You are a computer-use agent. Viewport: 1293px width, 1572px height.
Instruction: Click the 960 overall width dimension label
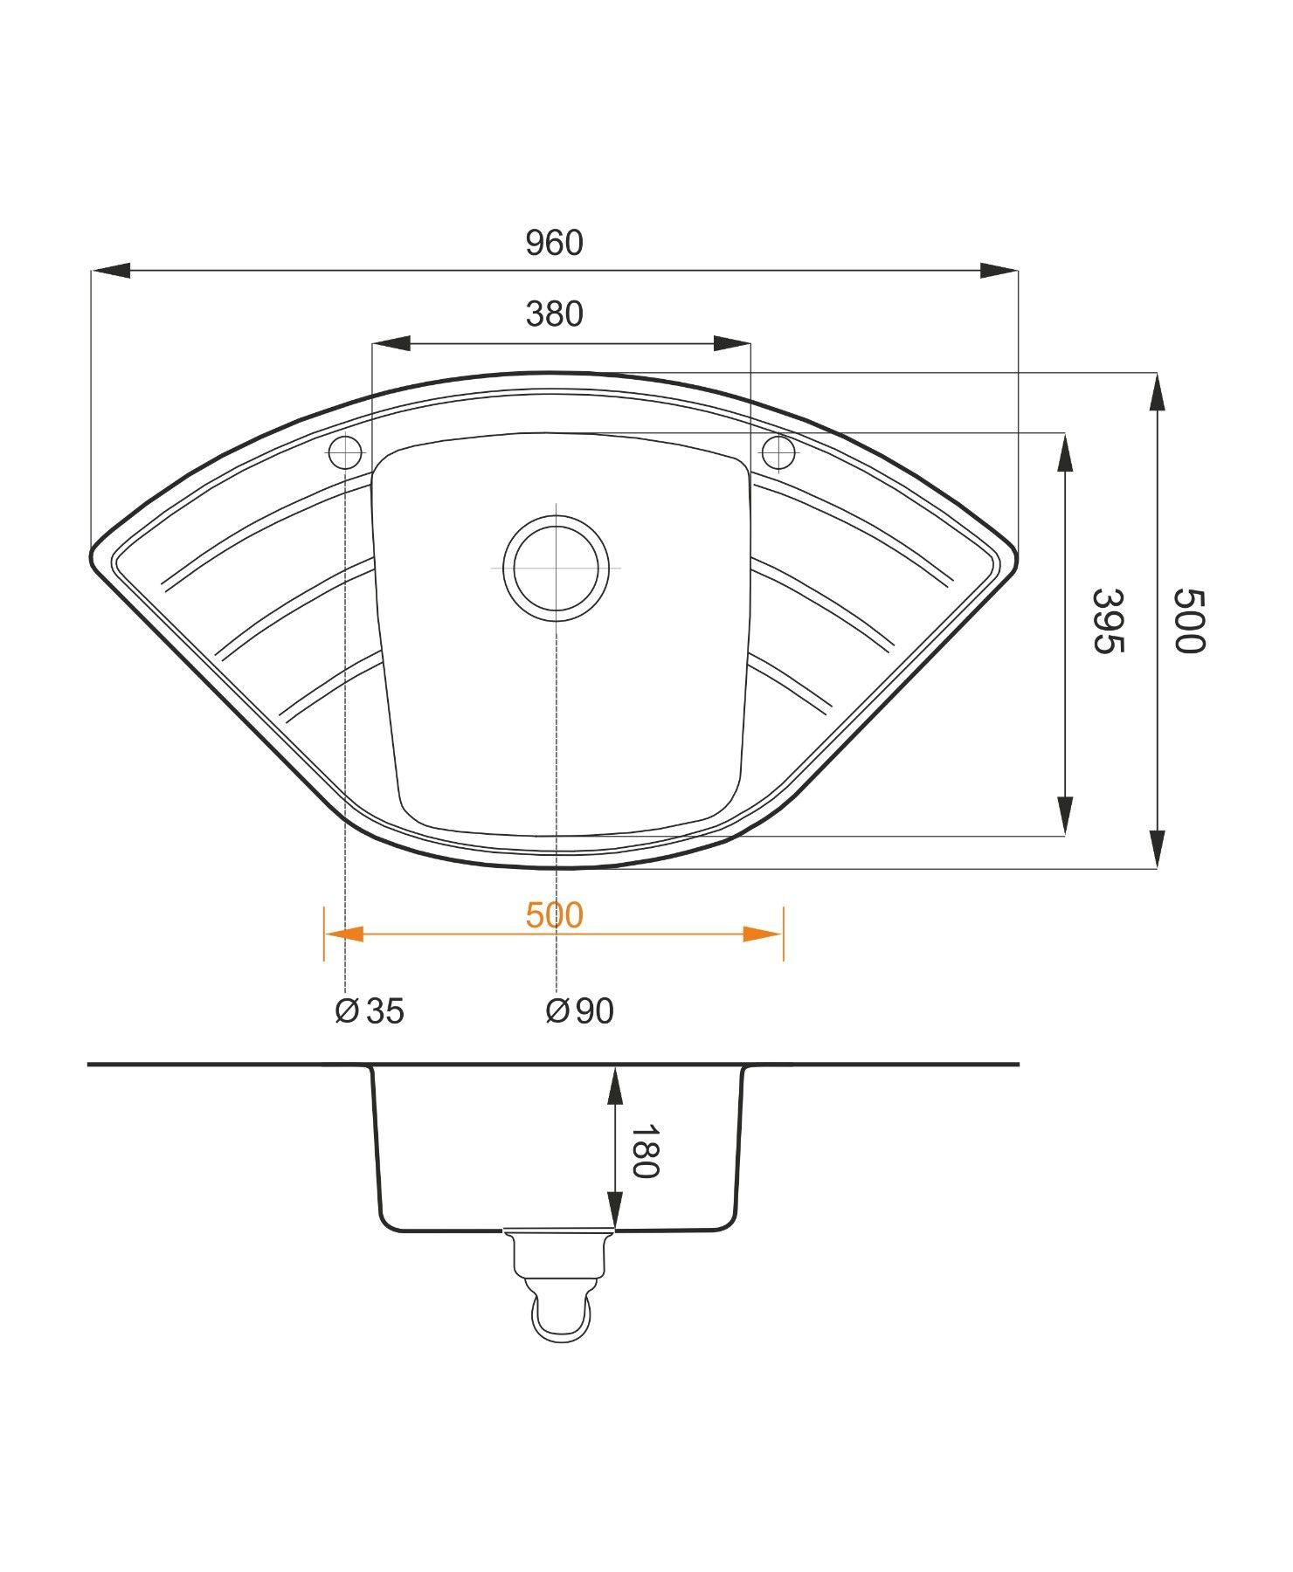(554, 243)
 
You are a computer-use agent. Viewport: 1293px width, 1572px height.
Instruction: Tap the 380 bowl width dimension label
(554, 314)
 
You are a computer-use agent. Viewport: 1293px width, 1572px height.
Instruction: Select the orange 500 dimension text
(554, 915)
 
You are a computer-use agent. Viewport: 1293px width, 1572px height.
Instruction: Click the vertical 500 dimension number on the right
(1188, 621)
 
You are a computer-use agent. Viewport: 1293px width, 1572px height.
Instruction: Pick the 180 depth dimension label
(644, 1152)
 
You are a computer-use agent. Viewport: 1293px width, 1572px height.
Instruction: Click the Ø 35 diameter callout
(370, 1010)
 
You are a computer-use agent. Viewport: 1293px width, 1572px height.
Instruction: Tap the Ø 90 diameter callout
(579, 1010)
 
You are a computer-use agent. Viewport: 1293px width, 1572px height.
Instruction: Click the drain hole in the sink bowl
(556, 568)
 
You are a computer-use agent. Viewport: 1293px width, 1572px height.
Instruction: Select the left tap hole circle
(345, 452)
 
